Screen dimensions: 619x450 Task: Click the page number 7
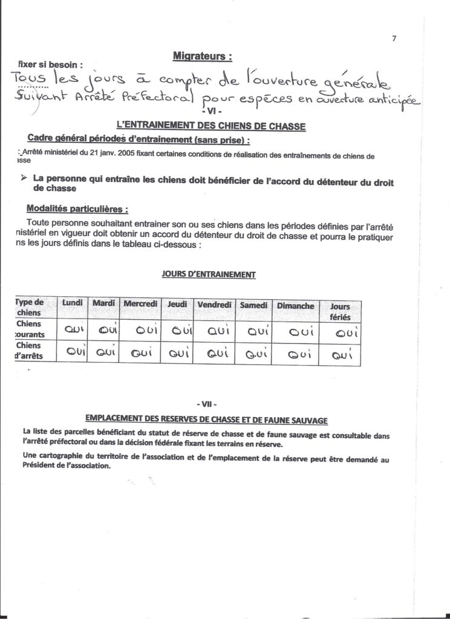[x=394, y=39]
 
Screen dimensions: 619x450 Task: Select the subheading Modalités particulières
[x=77, y=210]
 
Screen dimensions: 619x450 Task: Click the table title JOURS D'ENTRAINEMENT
[x=209, y=274]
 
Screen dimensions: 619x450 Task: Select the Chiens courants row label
[x=27, y=329]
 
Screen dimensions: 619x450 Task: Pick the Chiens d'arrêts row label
[x=27, y=351]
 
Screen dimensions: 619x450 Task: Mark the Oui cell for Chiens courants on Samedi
[x=253, y=331]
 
